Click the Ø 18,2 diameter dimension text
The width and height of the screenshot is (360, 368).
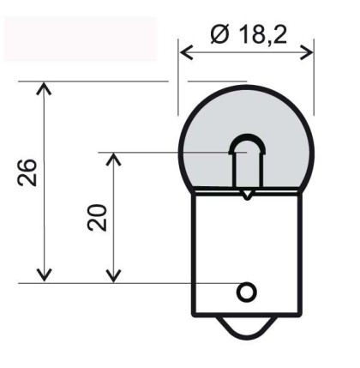click(x=249, y=34)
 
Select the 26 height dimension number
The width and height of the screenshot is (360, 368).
click(x=27, y=172)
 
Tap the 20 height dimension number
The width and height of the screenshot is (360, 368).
click(x=97, y=218)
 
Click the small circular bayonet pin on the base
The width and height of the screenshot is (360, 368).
click(x=246, y=292)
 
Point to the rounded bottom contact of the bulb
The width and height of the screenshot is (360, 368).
click(x=247, y=329)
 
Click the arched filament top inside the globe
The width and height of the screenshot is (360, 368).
click(x=247, y=143)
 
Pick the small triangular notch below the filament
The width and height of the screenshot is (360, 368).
click(x=247, y=196)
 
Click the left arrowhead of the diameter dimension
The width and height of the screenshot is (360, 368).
click(x=186, y=52)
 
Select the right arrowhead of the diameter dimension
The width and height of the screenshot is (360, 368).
click(x=307, y=52)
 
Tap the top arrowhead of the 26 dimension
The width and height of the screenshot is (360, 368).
click(x=44, y=88)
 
